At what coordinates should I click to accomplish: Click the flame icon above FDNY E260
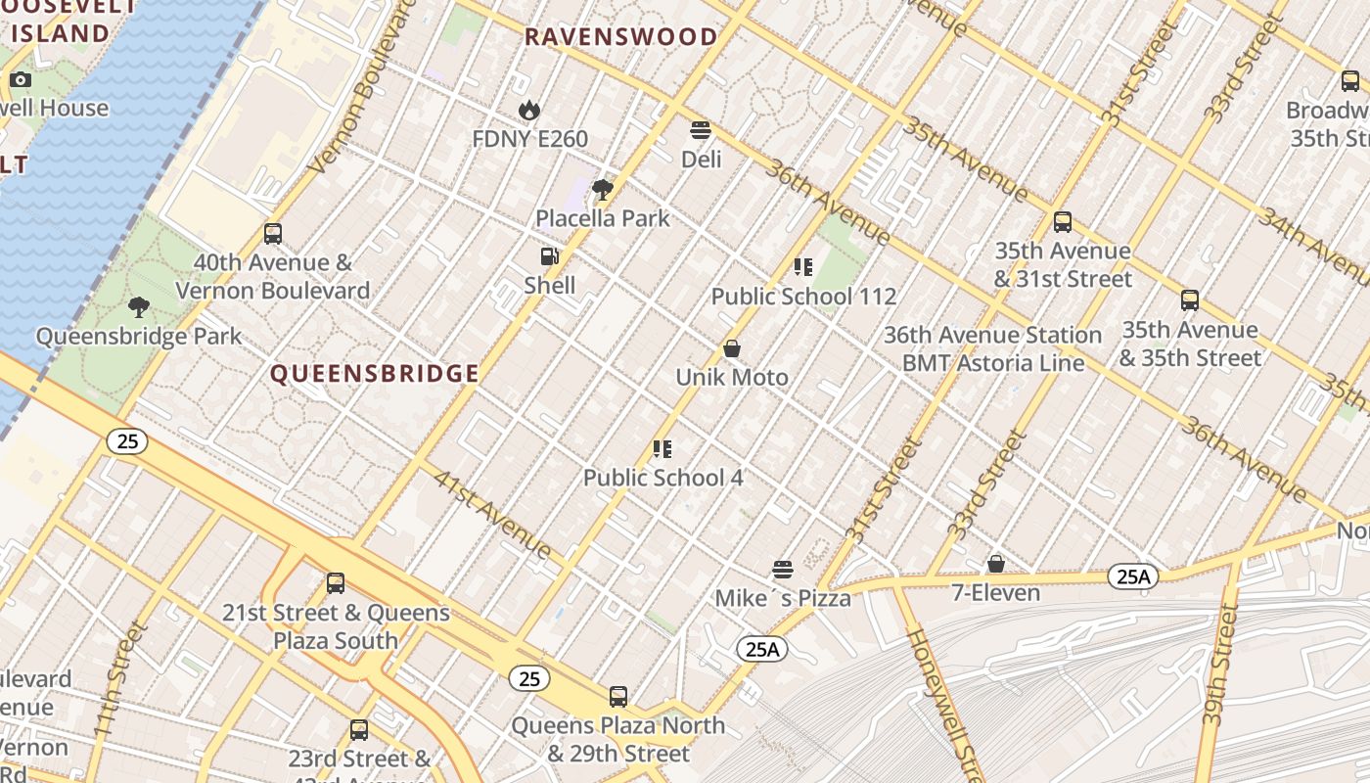click(x=529, y=111)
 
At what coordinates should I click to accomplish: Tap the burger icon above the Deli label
click(x=700, y=130)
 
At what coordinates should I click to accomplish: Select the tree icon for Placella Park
click(x=603, y=190)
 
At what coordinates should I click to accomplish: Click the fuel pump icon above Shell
click(x=550, y=257)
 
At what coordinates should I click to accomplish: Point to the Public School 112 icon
click(x=803, y=267)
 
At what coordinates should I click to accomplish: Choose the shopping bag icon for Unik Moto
click(x=731, y=348)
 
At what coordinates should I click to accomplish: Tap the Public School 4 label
click(x=662, y=478)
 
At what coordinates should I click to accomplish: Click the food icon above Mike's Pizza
click(x=782, y=570)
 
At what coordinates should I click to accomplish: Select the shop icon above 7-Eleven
click(x=995, y=564)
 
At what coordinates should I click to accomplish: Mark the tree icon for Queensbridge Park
click(x=139, y=307)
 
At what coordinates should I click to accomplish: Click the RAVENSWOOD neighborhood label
click(x=620, y=38)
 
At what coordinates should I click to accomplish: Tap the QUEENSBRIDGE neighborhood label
click(x=375, y=374)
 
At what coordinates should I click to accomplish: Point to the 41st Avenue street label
click(x=493, y=516)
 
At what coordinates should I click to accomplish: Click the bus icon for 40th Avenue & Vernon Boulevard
click(x=273, y=234)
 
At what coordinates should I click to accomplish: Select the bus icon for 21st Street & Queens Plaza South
click(x=336, y=583)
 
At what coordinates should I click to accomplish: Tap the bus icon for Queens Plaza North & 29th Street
click(x=618, y=697)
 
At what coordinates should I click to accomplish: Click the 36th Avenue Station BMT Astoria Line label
click(x=992, y=348)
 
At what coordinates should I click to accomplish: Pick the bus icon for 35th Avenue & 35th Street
click(x=1190, y=300)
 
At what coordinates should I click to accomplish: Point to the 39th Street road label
click(x=1219, y=666)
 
